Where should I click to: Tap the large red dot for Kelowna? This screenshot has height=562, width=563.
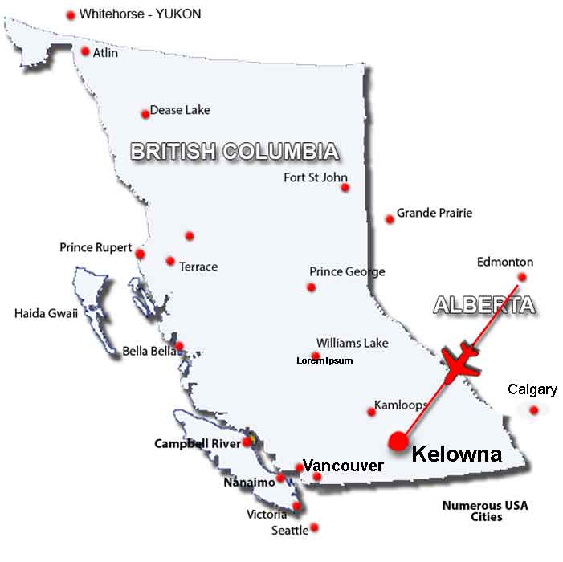398,441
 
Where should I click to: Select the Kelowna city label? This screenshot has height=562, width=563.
456,454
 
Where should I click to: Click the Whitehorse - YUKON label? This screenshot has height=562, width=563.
140,14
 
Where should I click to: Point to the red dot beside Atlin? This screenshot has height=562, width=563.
86,51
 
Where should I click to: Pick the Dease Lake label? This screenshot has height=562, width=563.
180,110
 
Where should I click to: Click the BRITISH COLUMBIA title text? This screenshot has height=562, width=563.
235,151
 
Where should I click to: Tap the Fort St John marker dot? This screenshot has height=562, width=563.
345,188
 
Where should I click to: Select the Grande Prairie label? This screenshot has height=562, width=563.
434,213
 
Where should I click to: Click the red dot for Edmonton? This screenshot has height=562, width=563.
522,277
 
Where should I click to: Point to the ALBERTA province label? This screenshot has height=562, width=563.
483,304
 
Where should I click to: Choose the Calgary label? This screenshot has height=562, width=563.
532,389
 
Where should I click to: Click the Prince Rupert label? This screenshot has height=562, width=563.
96,247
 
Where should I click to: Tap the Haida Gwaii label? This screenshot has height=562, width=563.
46,313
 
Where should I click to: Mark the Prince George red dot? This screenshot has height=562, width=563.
312,287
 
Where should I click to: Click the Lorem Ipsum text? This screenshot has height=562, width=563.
324,360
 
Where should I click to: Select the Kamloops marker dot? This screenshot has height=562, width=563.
371,412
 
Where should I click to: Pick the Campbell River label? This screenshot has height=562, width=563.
198,442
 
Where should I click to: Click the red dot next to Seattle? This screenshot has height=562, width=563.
314,527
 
